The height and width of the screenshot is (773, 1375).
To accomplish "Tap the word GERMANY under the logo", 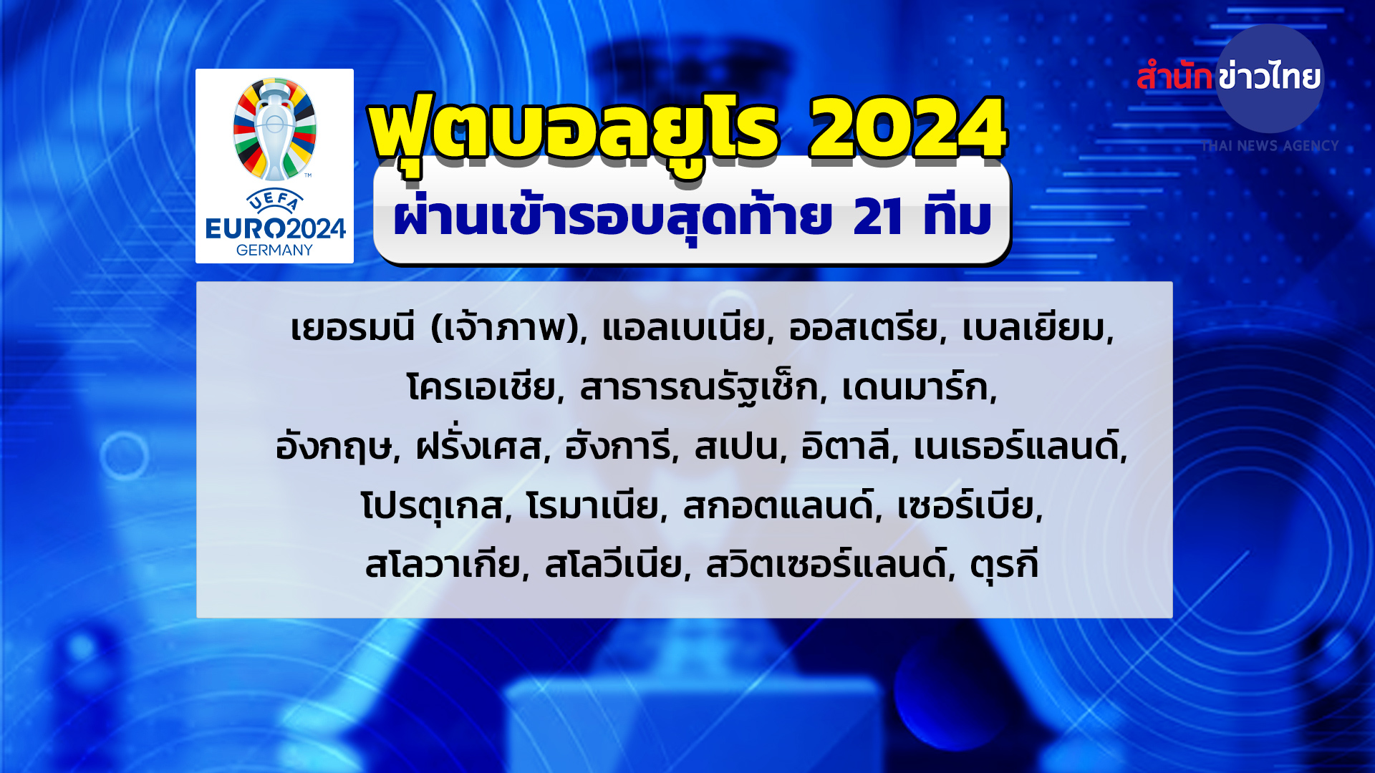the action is (274, 250).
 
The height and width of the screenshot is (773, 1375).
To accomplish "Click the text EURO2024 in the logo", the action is (275, 229).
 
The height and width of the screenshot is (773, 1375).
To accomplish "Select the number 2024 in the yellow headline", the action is (908, 129).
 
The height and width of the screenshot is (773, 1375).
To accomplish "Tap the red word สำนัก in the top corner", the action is (1174, 75).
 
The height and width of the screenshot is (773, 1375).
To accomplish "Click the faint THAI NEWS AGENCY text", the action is (1270, 146).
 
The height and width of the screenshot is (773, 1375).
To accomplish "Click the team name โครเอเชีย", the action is (481, 387).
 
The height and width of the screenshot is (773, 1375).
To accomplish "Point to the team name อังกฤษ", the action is (334, 447).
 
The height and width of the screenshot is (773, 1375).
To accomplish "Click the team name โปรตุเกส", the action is (433, 507).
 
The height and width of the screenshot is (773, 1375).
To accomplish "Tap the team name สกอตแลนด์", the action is (778, 505).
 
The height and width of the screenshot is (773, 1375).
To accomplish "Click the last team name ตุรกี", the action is (1004, 565).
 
